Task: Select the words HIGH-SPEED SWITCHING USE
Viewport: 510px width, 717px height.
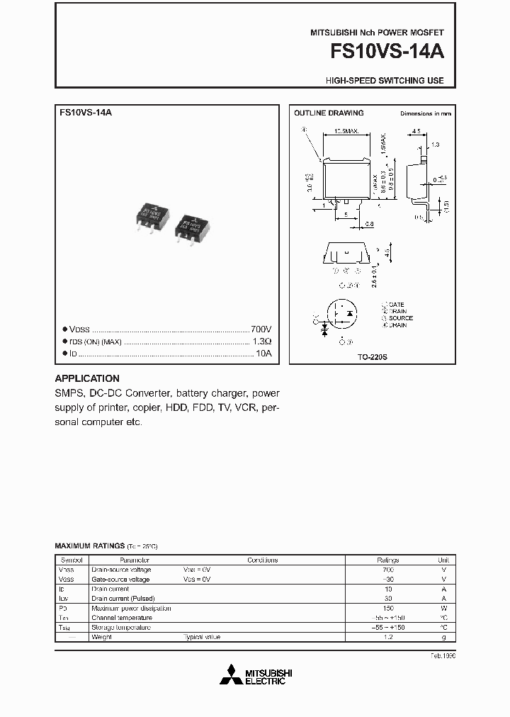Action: tap(385, 81)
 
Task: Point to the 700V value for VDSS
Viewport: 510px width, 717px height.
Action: tap(261, 329)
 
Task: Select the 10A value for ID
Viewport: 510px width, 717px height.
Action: tap(263, 352)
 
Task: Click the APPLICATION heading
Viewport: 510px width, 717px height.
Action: tap(87, 378)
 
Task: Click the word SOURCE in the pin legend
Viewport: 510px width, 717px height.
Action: tap(400, 318)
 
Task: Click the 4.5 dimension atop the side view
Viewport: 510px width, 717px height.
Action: tap(416, 131)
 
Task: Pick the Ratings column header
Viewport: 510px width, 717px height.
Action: tap(387, 560)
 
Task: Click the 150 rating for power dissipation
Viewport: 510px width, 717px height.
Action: tap(387, 608)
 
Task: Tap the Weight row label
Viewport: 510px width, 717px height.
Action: tap(101, 637)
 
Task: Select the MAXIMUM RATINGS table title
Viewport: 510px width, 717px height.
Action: tap(90, 546)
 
